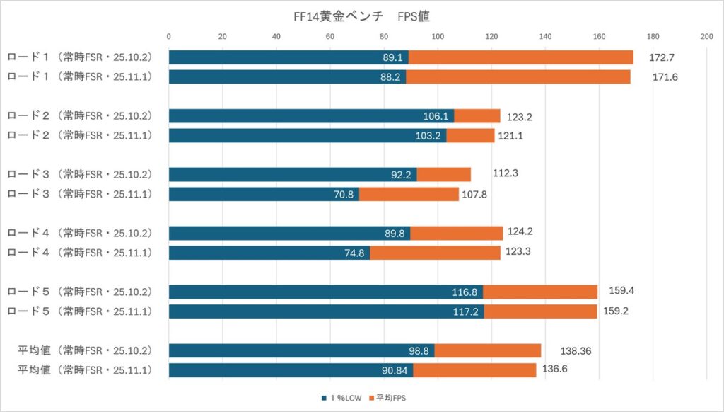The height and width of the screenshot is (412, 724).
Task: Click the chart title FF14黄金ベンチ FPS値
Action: (x=361, y=14)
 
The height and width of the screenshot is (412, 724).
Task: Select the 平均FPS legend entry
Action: (x=390, y=399)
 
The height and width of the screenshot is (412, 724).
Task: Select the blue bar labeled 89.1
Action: (x=288, y=57)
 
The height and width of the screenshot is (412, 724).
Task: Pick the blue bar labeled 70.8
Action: (x=264, y=194)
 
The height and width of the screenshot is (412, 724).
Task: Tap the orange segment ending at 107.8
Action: (x=409, y=194)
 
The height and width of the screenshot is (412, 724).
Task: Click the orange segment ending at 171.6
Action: (x=518, y=76)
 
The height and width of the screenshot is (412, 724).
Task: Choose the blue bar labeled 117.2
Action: (x=326, y=311)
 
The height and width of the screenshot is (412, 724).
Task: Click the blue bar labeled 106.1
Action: (x=311, y=116)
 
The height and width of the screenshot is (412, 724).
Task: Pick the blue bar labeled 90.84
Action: (x=291, y=370)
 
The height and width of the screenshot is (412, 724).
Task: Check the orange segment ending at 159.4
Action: (x=540, y=292)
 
